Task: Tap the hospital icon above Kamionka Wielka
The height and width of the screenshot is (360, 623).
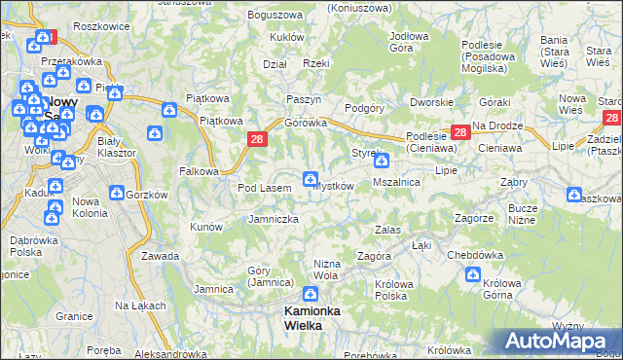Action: [310, 294]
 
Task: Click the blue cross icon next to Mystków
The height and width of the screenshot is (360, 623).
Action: [310, 178]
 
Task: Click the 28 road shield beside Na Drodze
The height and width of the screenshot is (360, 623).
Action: [458, 133]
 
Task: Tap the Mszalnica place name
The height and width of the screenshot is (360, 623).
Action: [396, 182]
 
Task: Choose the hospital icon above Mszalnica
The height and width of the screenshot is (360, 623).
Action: [382, 161]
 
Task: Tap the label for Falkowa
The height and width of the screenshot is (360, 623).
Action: [199, 171]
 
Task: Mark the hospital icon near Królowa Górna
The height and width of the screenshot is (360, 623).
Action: [472, 274]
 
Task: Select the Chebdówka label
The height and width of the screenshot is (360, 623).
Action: [472, 255]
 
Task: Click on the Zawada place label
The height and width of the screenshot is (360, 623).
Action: [160, 256]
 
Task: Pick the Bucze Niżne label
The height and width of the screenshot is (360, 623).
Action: [523, 214]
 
